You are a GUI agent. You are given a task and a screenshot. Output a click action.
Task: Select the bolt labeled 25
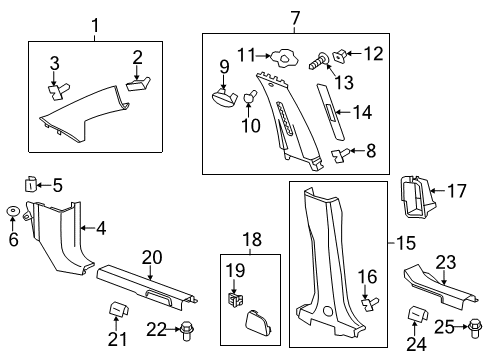tap(474, 325)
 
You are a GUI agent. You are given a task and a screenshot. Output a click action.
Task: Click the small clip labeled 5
tap(30, 184)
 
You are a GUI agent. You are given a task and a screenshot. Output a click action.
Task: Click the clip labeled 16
tap(369, 304)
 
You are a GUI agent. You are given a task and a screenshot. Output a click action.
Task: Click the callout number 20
tap(151, 257)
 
